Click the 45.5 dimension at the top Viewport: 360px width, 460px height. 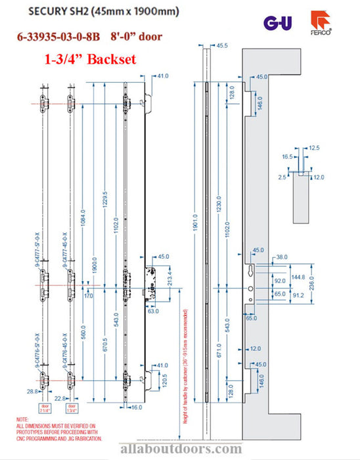click(221, 45)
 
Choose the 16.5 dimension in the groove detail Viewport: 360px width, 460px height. click(287, 158)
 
